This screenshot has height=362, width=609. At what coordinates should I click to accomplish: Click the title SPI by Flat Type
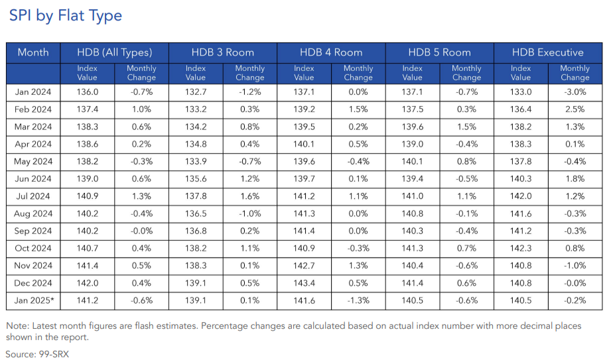pyautogui.click(x=65, y=15)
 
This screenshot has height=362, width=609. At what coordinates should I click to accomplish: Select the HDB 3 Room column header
pyautogui.click(x=222, y=52)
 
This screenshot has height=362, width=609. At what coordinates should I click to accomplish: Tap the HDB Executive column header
pyautogui.click(x=547, y=52)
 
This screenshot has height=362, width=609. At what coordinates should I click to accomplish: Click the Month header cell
pyautogui.click(x=33, y=52)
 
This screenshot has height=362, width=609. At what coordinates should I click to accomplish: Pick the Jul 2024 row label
pyautogui.click(x=33, y=196)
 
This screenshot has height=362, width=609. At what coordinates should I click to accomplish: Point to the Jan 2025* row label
pyautogui.click(x=34, y=300)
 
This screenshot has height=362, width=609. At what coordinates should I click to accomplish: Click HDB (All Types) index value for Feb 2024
pyautogui.click(x=88, y=109)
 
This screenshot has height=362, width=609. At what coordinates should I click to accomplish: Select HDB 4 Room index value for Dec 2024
pyautogui.click(x=304, y=283)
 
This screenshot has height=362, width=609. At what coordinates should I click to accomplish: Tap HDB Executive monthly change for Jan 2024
pyautogui.click(x=575, y=92)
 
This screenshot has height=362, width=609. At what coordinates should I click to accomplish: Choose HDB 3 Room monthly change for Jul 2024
pyautogui.click(x=249, y=196)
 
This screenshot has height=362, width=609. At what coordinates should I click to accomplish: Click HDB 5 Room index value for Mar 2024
pyautogui.click(x=413, y=127)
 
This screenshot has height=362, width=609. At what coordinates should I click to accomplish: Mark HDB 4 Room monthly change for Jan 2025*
pyautogui.click(x=358, y=300)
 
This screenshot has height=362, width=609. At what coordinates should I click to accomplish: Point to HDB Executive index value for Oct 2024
pyautogui.click(x=521, y=249)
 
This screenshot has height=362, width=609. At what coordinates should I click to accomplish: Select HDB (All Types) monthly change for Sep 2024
pyautogui.click(x=141, y=231)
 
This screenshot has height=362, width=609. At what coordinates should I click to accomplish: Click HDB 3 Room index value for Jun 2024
pyautogui.click(x=196, y=179)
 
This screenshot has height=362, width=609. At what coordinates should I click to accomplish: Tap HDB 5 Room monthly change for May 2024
pyautogui.click(x=466, y=161)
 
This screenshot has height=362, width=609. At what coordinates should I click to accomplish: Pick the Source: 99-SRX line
pyautogui.click(x=37, y=354)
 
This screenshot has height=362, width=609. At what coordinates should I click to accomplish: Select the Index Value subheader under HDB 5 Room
pyautogui.click(x=413, y=73)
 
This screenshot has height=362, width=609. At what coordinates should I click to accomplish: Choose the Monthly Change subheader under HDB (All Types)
pyautogui.click(x=141, y=73)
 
